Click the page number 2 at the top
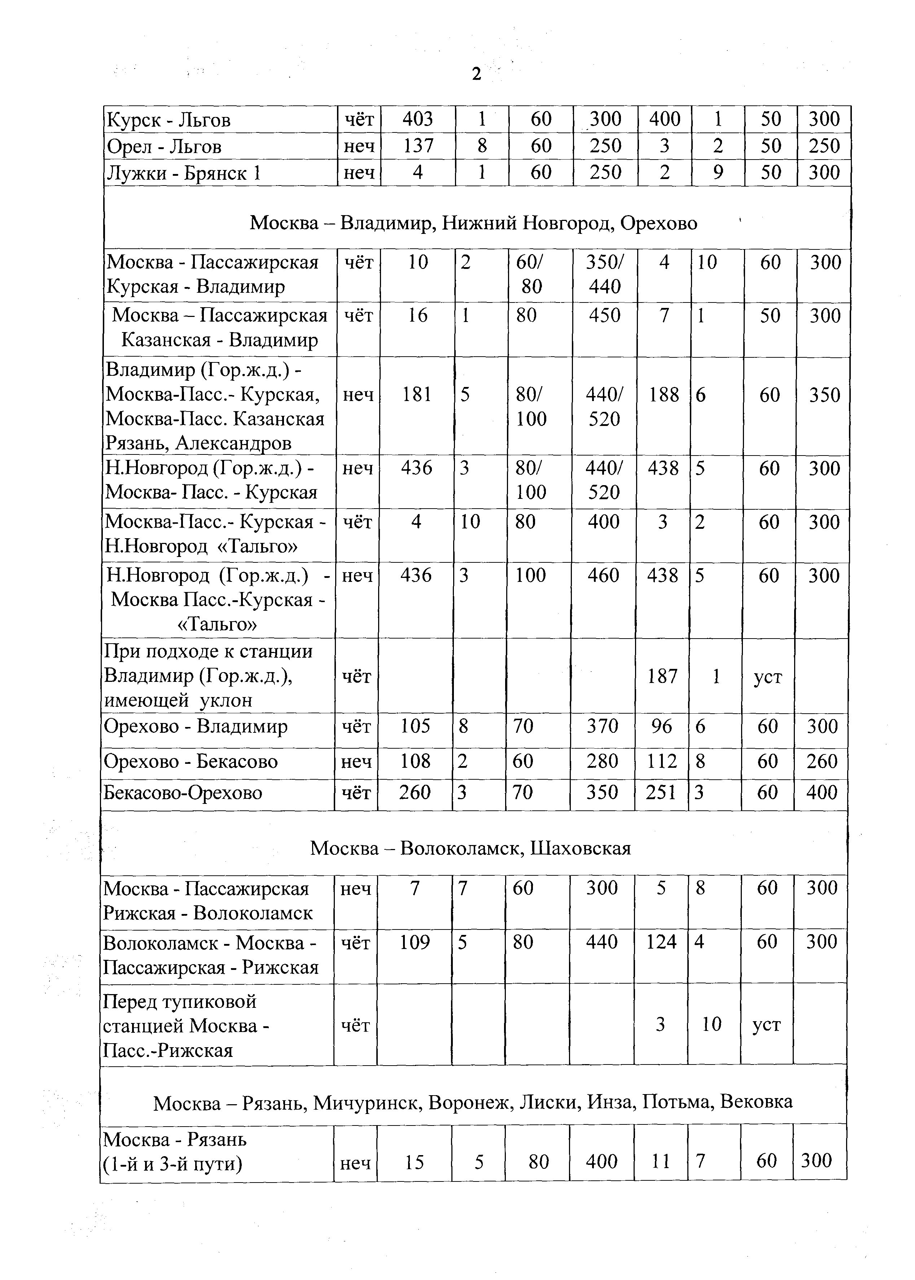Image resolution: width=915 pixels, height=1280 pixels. (x=476, y=74)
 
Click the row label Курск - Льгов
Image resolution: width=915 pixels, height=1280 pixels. (x=168, y=120)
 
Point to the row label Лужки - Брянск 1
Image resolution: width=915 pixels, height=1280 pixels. (x=184, y=173)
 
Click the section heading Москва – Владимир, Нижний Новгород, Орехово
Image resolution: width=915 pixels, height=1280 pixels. (x=473, y=223)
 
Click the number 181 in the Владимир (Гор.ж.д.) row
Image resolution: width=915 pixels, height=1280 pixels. (x=417, y=395)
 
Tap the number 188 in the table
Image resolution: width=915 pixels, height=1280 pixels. (x=663, y=395)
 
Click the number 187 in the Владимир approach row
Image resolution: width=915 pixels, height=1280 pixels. (x=662, y=676)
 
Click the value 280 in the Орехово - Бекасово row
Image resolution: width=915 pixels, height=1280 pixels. (x=602, y=761)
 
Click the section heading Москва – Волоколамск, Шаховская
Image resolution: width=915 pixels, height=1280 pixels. (x=470, y=848)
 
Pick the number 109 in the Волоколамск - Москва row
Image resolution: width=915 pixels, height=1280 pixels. (x=415, y=942)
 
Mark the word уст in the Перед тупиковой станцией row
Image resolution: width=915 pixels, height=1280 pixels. (x=767, y=1024)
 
